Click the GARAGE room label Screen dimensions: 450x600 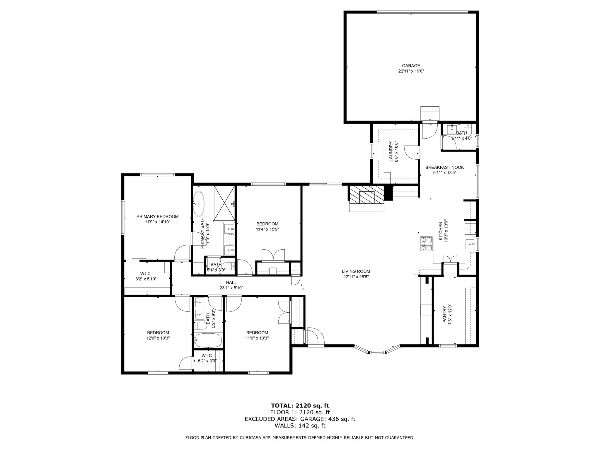coord(411,66)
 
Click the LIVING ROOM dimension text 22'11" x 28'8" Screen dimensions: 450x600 coord(356,277)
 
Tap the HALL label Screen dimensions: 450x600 coord(231,282)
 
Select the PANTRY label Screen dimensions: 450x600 coord(444,314)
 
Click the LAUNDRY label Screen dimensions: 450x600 coord(391,152)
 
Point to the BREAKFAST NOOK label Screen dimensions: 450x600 coord(444,167)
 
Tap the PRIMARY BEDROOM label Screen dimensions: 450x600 coord(157,217)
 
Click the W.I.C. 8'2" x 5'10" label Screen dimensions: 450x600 coord(146,273)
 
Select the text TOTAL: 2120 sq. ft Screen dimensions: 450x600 coord(300,406)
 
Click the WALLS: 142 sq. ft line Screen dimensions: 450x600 coord(300,426)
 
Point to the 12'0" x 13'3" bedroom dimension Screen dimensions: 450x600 coord(158,338)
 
